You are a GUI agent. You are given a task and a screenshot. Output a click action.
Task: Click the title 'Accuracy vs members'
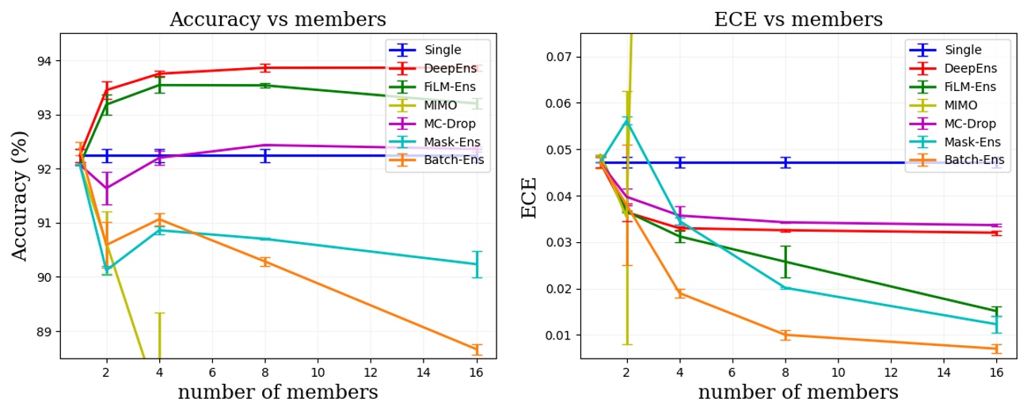click(278, 20)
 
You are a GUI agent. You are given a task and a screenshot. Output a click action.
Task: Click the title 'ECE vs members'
click(798, 20)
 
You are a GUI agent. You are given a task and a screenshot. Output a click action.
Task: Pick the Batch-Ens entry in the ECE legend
click(974, 161)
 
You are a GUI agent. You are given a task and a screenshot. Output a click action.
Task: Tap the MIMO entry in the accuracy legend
click(440, 105)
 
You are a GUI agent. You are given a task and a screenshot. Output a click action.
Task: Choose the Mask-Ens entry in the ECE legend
click(972, 142)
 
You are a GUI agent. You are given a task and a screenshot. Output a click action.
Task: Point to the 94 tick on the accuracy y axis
click(44, 61)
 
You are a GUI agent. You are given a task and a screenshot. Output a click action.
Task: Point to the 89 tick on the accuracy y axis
click(44, 332)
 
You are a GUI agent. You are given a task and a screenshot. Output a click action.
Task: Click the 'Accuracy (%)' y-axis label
click(21, 196)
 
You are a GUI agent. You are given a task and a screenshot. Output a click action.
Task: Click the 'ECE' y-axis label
click(529, 197)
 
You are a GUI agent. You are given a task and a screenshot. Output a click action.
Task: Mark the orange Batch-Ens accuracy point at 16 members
click(476, 349)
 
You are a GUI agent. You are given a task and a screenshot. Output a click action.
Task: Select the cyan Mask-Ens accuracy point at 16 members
click(476, 264)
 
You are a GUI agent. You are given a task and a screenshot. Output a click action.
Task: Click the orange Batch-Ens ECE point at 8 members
click(785, 335)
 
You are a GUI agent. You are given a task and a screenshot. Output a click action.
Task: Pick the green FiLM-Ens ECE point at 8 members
click(785, 261)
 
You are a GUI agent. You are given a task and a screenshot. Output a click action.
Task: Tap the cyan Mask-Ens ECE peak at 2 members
click(627, 120)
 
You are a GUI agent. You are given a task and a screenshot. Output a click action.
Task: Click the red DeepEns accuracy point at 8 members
click(265, 67)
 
